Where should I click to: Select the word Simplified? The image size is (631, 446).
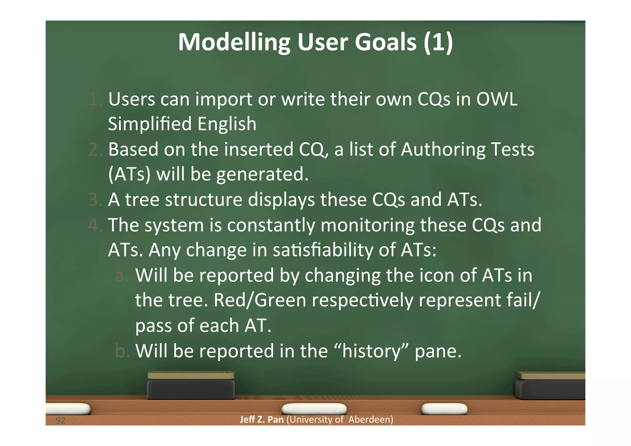150,124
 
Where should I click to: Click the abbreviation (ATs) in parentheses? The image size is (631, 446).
129,174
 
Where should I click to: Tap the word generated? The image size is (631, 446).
262,174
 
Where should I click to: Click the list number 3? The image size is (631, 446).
94,200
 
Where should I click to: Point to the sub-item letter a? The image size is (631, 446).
120,276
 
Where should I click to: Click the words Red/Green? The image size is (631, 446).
260,300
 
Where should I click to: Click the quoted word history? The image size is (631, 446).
371,351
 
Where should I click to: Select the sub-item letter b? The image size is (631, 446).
120,351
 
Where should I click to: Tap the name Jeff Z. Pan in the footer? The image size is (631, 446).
261,419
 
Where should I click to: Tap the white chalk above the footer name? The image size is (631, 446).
314,409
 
